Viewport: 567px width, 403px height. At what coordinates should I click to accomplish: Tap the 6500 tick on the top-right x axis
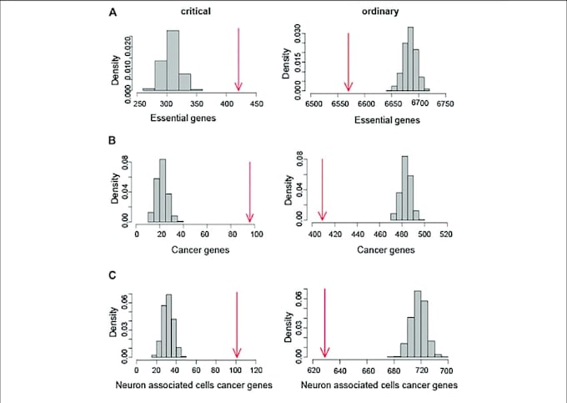[x=314, y=105]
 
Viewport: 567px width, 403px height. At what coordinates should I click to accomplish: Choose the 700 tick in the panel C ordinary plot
[x=446, y=369]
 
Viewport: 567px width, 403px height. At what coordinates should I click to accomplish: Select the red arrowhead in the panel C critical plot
[x=237, y=350]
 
